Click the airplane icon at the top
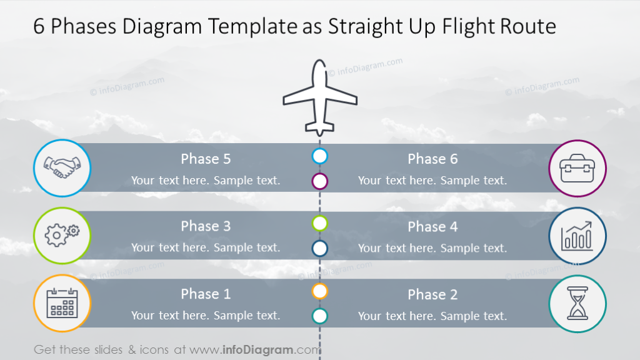(320, 98)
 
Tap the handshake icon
(62, 168)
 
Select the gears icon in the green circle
(62, 235)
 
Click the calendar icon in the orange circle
(62, 302)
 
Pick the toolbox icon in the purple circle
(577, 168)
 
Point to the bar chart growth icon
(577, 236)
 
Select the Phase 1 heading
(206, 294)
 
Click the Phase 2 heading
(432, 294)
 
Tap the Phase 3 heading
(206, 226)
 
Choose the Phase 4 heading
(432, 227)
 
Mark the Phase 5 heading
(206, 159)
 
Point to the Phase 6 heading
(432, 159)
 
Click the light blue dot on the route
(320, 156)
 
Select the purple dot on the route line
(320, 181)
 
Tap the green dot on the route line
(320, 223)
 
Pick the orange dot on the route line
(320, 291)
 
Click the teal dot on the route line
(320, 316)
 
